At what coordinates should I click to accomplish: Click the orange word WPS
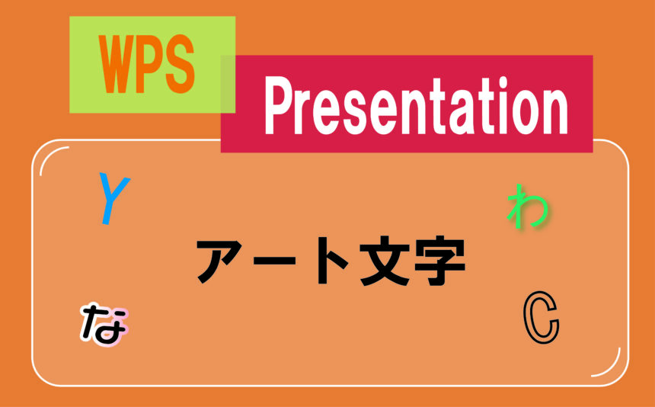147,64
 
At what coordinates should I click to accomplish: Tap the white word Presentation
416,106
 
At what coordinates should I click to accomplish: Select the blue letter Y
113,198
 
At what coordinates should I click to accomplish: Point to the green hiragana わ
527,206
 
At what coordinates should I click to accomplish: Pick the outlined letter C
542,318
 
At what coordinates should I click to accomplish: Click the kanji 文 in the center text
384,261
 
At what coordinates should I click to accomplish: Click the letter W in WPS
116,64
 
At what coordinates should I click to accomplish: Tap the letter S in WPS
180,64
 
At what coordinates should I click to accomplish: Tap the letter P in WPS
150,64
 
